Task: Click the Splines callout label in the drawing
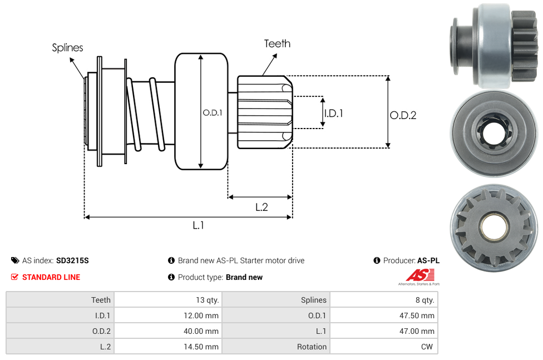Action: click(x=67, y=48)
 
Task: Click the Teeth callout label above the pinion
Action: click(x=277, y=43)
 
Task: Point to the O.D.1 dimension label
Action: click(x=213, y=112)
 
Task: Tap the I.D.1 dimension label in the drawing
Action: click(x=333, y=113)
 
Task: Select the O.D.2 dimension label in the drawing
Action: click(x=403, y=115)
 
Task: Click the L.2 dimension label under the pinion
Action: click(x=261, y=207)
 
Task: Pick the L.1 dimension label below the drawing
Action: click(x=199, y=225)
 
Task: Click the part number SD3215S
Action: click(x=72, y=260)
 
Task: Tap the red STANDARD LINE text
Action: click(x=51, y=277)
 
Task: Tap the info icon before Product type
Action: click(x=171, y=277)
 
